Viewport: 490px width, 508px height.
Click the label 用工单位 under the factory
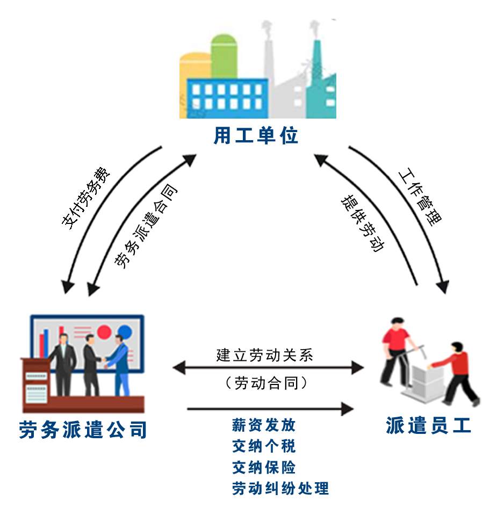[x=256, y=135]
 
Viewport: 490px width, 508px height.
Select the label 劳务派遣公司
[x=83, y=430]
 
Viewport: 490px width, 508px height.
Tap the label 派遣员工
[x=428, y=425]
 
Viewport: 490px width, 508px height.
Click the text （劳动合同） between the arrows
[x=266, y=383]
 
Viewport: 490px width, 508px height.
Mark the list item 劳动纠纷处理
[x=280, y=488]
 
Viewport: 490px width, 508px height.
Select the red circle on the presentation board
[x=104, y=332]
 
